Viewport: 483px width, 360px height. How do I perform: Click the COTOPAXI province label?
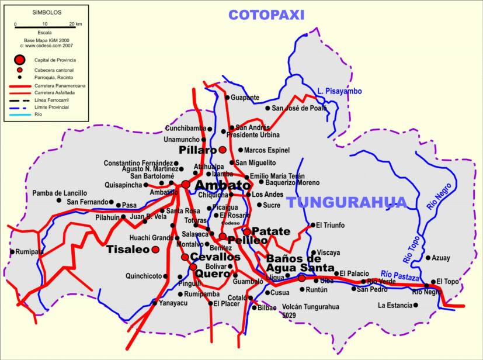tap(266, 15)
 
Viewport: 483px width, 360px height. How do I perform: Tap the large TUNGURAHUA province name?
tap(346, 203)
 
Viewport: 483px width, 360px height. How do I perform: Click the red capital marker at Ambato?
tap(185, 184)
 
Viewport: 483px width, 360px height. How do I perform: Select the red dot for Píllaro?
tap(223, 150)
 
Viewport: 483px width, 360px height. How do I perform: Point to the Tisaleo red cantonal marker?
tap(155, 250)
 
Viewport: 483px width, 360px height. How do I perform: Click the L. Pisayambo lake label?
tap(340, 91)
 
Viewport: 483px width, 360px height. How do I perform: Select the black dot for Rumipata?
tap(12, 252)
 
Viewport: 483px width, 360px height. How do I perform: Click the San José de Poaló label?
tap(300, 108)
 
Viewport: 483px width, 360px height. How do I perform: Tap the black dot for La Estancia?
tap(416, 305)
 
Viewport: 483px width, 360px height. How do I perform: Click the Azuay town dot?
tap(428, 258)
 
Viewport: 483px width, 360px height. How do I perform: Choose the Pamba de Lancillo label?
tap(60, 193)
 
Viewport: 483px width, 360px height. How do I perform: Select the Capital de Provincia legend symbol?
tap(20, 60)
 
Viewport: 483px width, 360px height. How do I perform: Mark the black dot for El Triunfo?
tap(312, 225)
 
